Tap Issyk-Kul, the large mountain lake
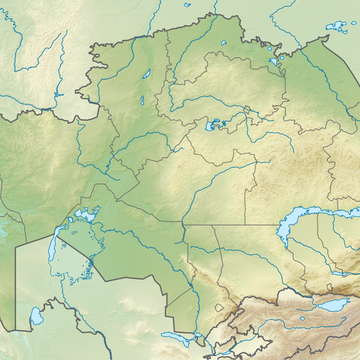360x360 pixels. (x=333, y=305)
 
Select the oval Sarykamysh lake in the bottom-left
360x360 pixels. (x=37, y=315)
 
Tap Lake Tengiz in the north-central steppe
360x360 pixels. (x=215, y=125)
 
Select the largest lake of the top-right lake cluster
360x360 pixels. (x=337, y=27)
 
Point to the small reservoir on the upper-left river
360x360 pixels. (x=59, y=95)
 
